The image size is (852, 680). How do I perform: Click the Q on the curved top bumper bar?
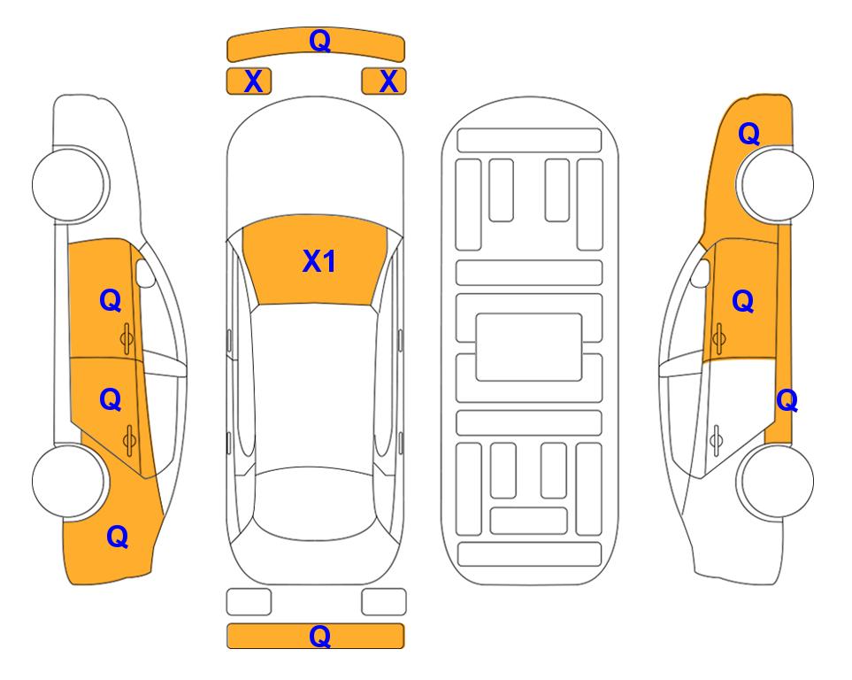pyautogui.click(x=319, y=41)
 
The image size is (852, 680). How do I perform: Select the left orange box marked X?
pyautogui.click(x=249, y=81)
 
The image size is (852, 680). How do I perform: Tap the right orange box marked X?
pyautogui.click(x=384, y=81)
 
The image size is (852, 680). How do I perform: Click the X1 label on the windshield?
pyautogui.click(x=319, y=261)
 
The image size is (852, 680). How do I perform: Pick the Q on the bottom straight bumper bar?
pyautogui.click(x=319, y=636)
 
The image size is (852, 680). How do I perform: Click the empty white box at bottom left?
pyautogui.click(x=249, y=602)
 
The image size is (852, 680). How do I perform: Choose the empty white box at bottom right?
pyautogui.click(x=384, y=602)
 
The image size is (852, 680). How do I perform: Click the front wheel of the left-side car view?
pyautogui.click(x=69, y=184)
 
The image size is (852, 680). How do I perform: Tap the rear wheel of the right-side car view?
pyautogui.click(x=775, y=481)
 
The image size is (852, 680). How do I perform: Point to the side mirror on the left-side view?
pyautogui.click(x=145, y=273)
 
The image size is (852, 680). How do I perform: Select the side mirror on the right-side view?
pyautogui.click(x=701, y=273)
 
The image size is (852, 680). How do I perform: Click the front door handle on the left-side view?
pyautogui.click(x=127, y=338)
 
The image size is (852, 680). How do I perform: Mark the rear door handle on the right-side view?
pyautogui.click(x=717, y=441)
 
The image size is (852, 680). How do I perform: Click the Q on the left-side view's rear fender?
pyautogui.click(x=118, y=537)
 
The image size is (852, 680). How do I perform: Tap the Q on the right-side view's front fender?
pyautogui.click(x=748, y=134)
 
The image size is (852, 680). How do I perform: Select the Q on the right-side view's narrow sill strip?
pyautogui.click(x=787, y=401)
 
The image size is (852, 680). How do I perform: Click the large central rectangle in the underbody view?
pyautogui.click(x=529, y=347)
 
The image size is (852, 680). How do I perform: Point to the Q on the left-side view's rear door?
pyautogui.click(x=111, y=400)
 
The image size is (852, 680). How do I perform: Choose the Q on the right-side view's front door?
pyautogui.click(x=743, y=301)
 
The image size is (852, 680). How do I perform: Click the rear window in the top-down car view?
pyautogui.click(x=315, y=503)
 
